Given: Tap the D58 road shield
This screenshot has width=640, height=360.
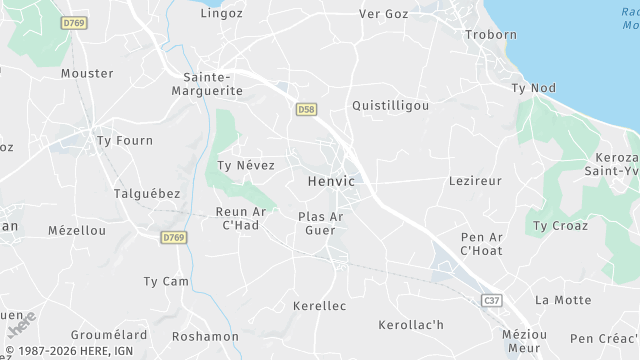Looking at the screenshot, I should pyautogui.click(x=306, y=108).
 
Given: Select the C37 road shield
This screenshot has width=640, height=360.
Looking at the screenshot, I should pyautogui.click(x=491, y=300).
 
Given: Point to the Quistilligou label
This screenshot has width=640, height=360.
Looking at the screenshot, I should pyautogui.click(x=391, y=105).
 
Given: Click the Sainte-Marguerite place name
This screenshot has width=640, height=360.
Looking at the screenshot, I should pyautogui.click(x=213, y=84).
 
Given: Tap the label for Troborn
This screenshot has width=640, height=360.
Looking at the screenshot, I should pyautogui.click(x=491, y=35).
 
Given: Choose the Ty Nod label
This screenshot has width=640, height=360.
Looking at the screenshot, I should pyautogui.click(x=533, y=88).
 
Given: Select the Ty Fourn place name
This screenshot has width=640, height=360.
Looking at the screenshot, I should pyautogui.click(x=125, y=141).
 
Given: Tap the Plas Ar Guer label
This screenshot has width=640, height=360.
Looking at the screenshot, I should pyautogui.click(x=321, y=224).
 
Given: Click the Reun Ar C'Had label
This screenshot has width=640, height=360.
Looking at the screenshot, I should pyautogui.click(x=240, y=219).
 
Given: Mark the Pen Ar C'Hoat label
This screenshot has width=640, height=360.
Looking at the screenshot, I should pyautogui.click(x=480, y=244).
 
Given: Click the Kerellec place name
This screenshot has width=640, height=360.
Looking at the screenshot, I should pyautogui.click(x=319, y=305).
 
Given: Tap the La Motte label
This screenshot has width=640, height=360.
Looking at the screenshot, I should pyautogui.click(x=563, y=300).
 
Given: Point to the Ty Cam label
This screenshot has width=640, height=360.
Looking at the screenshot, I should pyautogui.click(x=166, y=282).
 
